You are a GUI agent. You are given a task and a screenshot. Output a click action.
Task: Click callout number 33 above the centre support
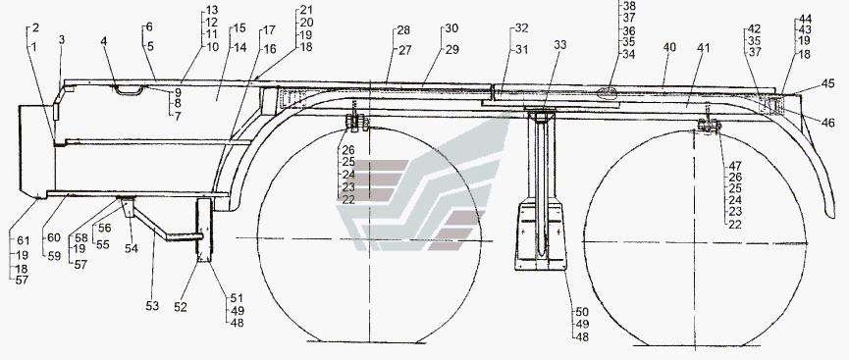[x=559, y=45]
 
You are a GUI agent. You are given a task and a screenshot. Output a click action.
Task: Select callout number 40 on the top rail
[x=669, y=48]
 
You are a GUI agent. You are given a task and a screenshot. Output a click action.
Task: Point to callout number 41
[x=704, y=48]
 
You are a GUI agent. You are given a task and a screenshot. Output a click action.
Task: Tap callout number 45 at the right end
[x=827, y=84]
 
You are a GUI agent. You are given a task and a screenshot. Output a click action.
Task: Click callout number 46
[x=827, y=123]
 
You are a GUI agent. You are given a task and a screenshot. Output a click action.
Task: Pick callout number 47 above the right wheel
[x=735, y=166]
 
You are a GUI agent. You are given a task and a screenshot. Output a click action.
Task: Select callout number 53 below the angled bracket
[x=152, y=306]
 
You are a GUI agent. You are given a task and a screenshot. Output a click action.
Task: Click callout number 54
[x=132, y=248]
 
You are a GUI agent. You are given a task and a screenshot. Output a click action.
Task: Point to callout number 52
[x=181, y=307]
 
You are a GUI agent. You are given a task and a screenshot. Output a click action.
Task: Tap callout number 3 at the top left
[x=62, y=40]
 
